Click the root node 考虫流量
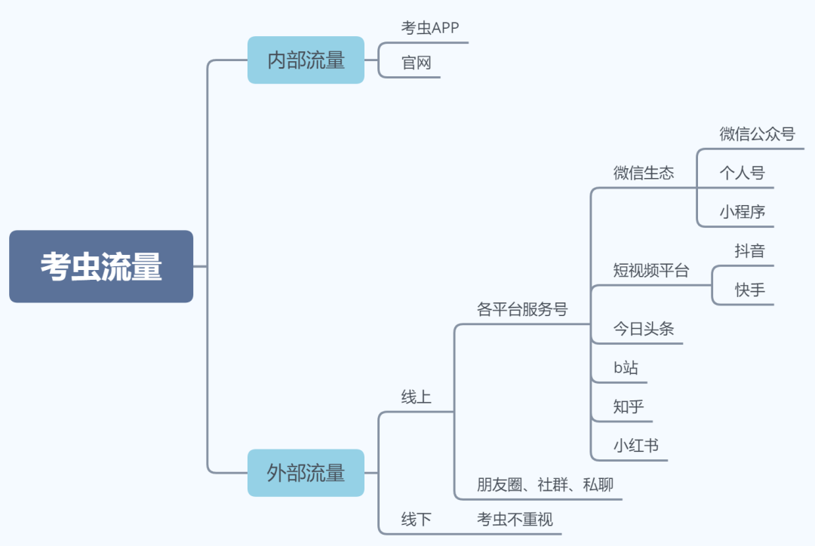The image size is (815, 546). tap(101, 267)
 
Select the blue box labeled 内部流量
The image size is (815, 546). tap(306, 60)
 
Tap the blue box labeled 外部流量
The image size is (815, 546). tap(306, 473)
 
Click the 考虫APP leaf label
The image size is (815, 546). tap(430, 28)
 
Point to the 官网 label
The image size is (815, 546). tap(417, 63)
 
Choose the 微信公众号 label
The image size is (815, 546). tap(757, 134)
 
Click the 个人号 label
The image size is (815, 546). tap(742, 173)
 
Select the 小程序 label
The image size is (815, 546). tap(742, 212)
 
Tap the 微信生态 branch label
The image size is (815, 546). tap(644, 173)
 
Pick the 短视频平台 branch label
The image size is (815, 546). tap(651, 271)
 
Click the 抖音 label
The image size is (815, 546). tap(750, 251)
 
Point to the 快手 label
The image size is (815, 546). tap(750, 290)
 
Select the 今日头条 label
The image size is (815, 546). tap(644, 329)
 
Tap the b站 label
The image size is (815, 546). tap(626, 368)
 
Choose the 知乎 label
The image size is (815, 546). tap(629, 407)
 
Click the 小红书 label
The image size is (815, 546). tap(636, 446)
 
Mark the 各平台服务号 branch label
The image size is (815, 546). tap(522, 309)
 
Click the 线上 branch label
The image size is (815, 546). tap(417, 397)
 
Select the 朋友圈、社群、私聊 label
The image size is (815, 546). tap(545, 484)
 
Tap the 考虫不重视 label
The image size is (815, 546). tap(515, 519)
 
